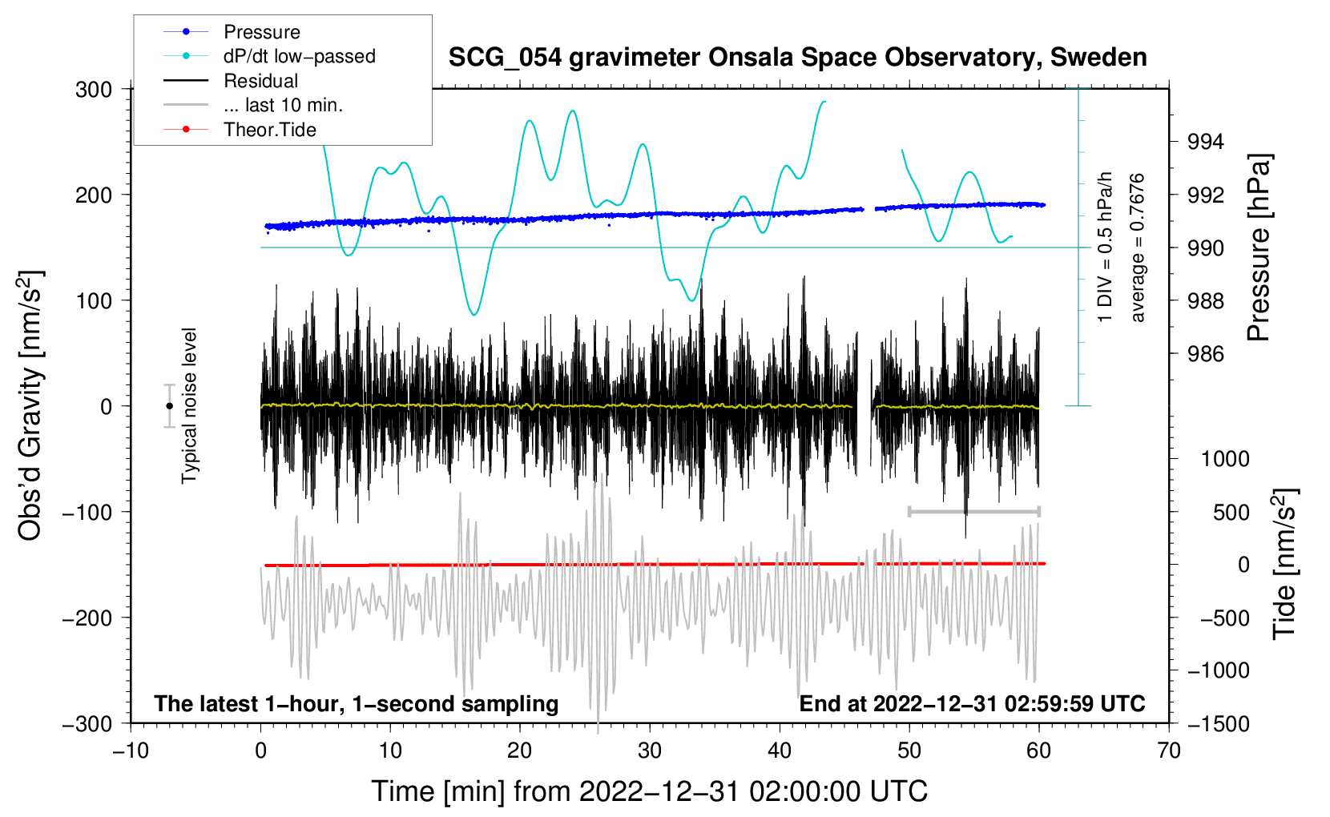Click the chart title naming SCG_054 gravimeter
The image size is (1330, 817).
[x=797, y=58]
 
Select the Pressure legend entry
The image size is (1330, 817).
[x=262, y=32]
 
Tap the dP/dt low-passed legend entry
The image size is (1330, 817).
[x=299, y=56]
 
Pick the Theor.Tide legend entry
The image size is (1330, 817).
[x=270, y=130]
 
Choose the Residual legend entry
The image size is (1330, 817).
[x=260, y=81]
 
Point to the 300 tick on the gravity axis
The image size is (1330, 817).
[x=94, y=89]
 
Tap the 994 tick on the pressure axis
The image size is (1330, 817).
[x=1206, y=142]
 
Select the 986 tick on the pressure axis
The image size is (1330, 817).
[x=1206, y=354]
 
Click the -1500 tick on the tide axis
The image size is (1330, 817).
[x=1219, y=723]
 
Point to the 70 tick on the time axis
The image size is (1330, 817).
[x=1169, y=751]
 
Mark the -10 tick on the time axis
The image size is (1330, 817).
[x=131, y=751]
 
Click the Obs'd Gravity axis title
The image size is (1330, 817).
[x=30, y=406]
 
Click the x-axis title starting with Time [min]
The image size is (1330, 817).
[x=649, y=791]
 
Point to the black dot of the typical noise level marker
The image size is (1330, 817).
[x=169, y=406]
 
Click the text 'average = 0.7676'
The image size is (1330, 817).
[x=1138, y=248]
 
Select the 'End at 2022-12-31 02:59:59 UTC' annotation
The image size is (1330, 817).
[x=972, y=704]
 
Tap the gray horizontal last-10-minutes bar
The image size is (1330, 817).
[x=973, y=511]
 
